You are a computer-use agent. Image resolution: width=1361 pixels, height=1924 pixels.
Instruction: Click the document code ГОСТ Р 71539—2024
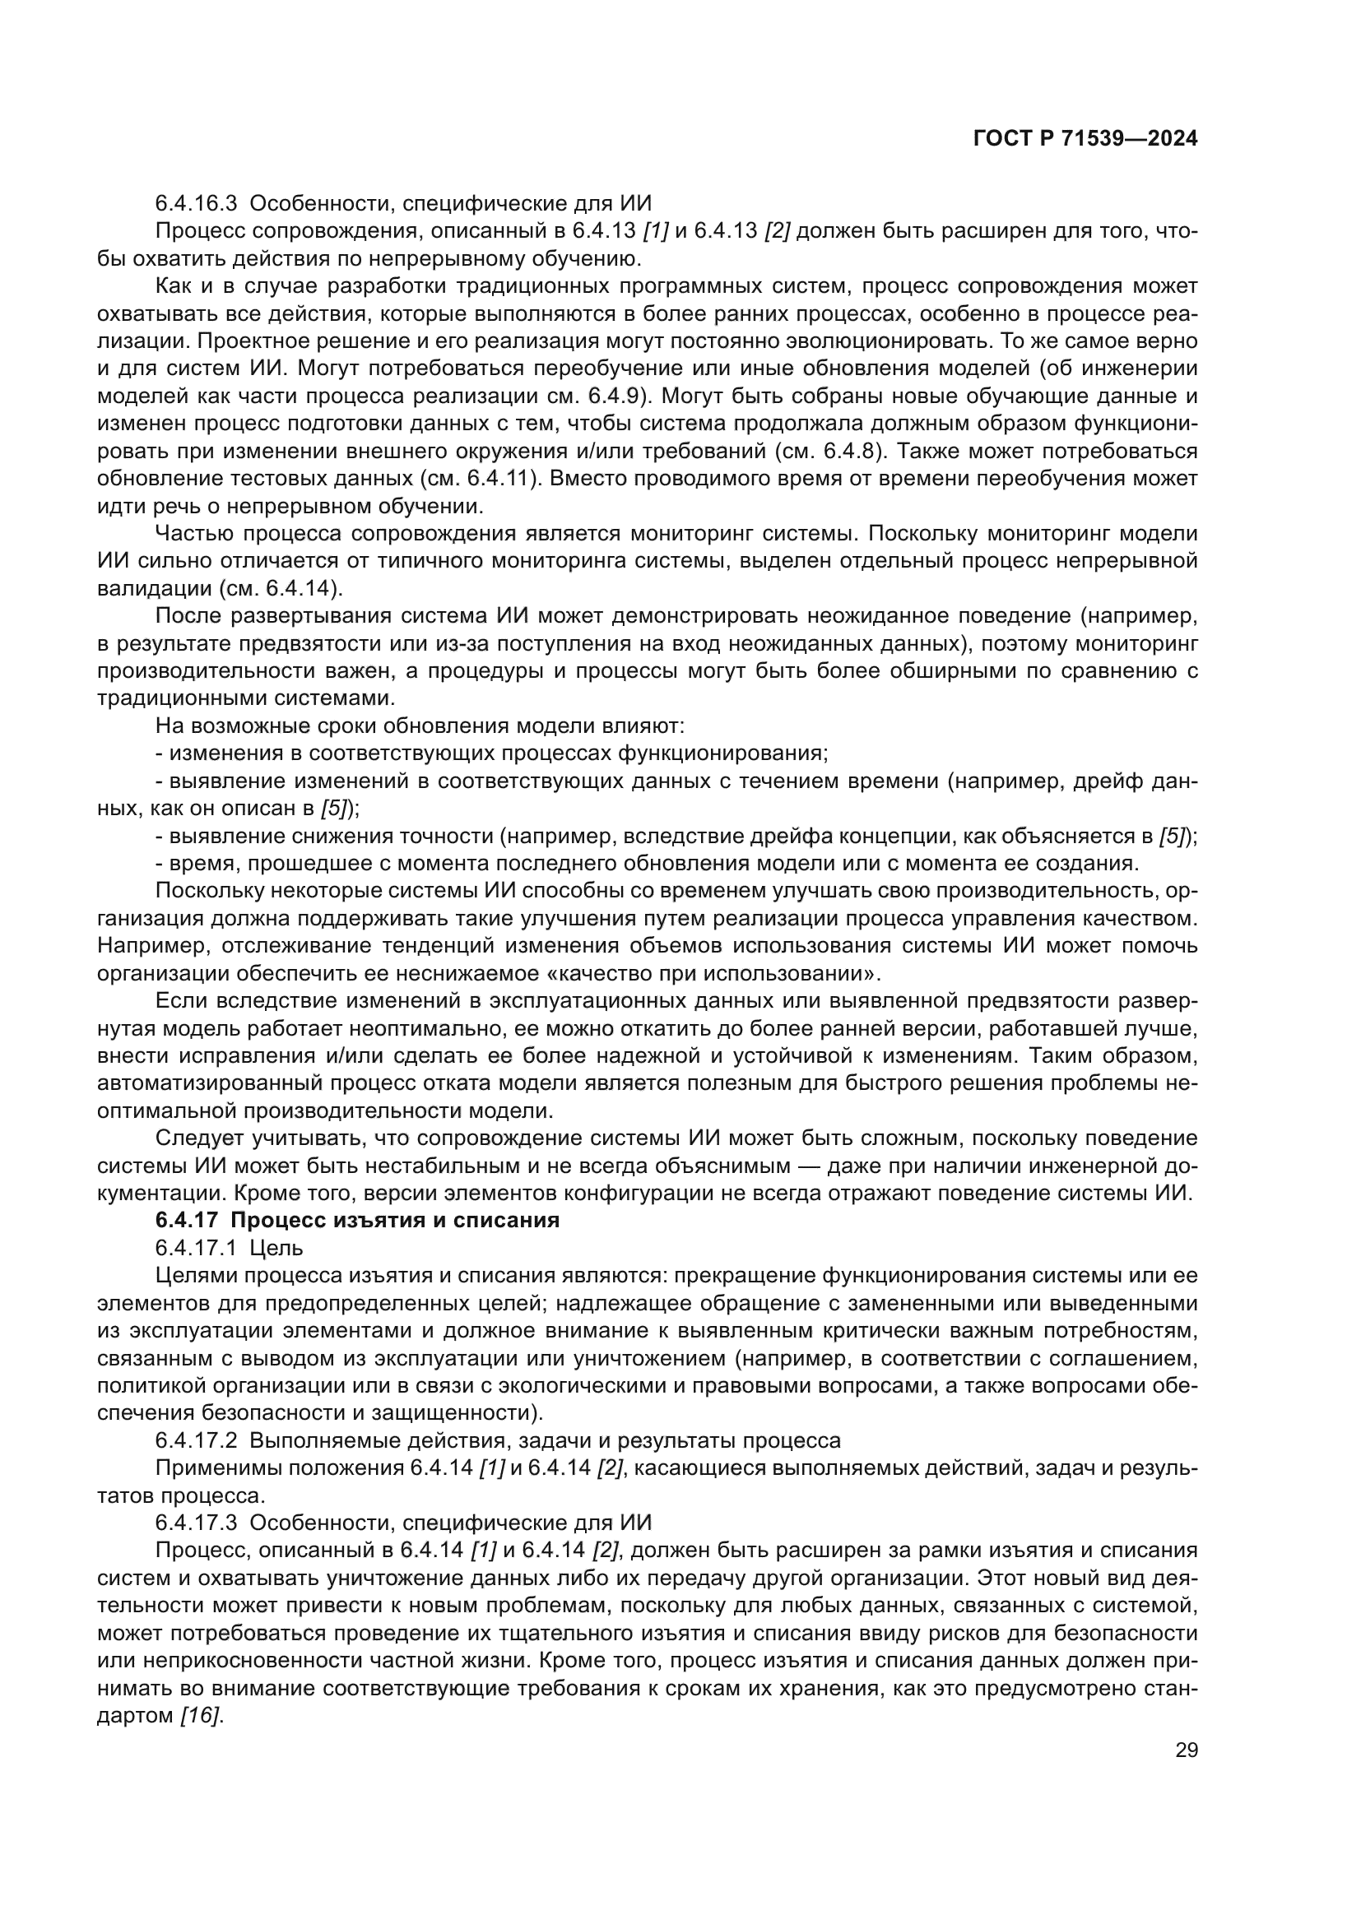click(1085, 139)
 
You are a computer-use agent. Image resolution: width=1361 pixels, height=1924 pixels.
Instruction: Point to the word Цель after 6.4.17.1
click(276, 1248)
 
